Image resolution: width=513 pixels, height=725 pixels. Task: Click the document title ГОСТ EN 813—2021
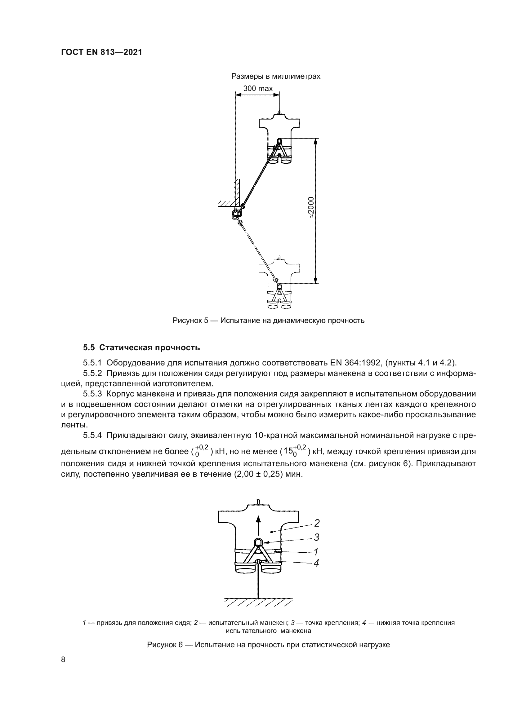click(101, 52)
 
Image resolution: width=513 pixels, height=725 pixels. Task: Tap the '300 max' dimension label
click(258, 89)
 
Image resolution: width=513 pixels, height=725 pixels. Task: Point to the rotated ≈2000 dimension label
click(311, 207)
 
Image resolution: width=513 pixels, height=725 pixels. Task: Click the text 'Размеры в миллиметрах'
click(276, 77)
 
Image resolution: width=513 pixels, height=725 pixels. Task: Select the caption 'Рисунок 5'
click(268, 321)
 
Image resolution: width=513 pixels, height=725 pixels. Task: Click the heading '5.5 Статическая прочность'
click(141, 348)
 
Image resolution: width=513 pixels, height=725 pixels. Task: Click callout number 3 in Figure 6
click(316, 537)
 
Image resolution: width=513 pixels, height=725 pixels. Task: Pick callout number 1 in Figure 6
click(315, 552)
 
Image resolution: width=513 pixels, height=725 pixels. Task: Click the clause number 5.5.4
click(92, 435)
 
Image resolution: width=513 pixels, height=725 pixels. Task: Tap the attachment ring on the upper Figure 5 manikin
click(279, 141)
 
